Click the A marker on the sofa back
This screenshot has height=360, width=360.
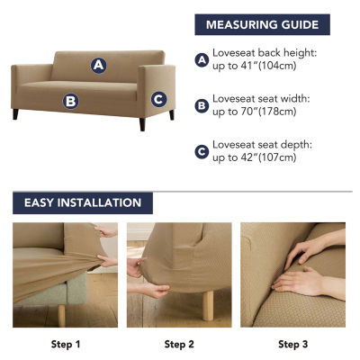[x=99, y=65]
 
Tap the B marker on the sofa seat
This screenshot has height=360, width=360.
[x=71, y=101]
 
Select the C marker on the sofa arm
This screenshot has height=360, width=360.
[x=158, y=99]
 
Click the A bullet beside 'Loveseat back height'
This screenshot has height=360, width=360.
[x=202, y=60]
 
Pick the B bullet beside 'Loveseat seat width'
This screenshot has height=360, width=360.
[x=202, y=106]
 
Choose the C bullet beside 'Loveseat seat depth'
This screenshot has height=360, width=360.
[x=202, y=152]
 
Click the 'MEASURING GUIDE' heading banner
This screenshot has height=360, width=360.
[x=263, y=24]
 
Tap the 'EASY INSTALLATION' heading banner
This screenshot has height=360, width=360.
[x=83, y=202]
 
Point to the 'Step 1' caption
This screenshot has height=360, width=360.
[x=66, y=345]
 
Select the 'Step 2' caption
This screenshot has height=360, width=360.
[x=179, y=345]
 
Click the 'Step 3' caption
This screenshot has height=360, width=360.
[x=292, y=345]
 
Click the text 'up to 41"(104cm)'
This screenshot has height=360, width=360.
[x=255, y=66]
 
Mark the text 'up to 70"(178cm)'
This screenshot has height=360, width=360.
[x=255, y=112]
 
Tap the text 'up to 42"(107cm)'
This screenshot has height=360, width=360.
[x=255, y=157]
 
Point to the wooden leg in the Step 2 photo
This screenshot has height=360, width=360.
[x=208, y=305]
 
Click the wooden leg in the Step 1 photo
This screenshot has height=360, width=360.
[x=61, y=316]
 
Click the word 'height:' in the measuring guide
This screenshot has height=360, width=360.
[x=301, y=53]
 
